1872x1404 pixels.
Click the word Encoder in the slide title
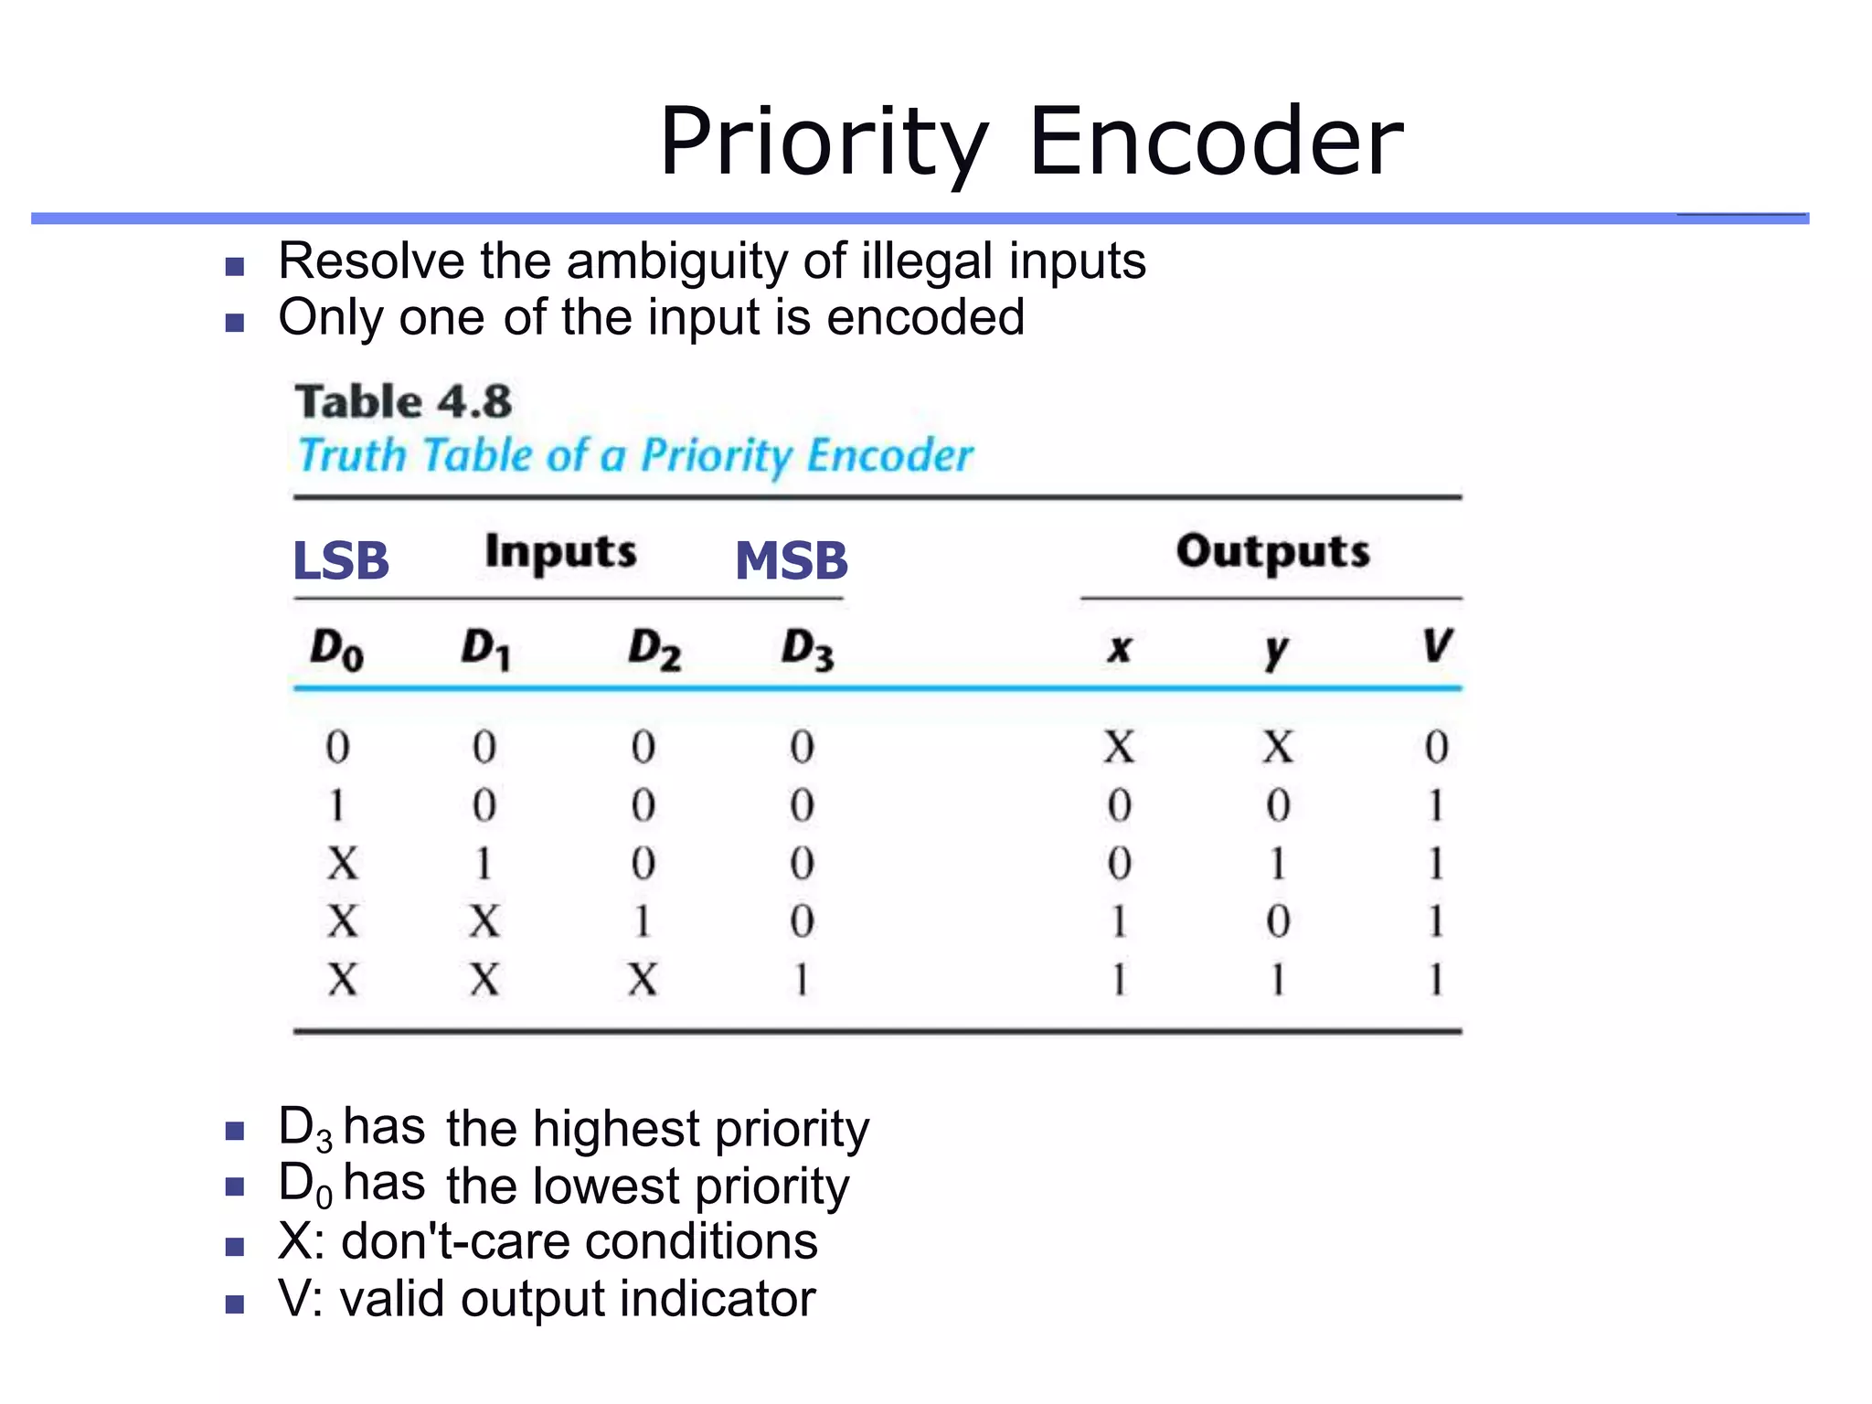pyautogui.click(x=1216, y=143)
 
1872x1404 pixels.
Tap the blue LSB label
pyautogui.click(x=341, y=560)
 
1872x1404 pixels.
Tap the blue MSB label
pyautogui.click(x=792, y=560)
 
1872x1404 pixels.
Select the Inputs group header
pyautogui.click(x=560, y=552)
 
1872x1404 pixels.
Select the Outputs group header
pyautogui.click(x=1272, y=552)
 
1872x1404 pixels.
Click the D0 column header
pyautogui.click(x=336, y=650)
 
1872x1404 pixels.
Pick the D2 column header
pyautogui.click(x=654, y=650)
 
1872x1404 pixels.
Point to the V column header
pyautogui.click(x=1436, y=646)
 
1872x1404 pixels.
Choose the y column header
pyautogui.click(x=1277, y=650)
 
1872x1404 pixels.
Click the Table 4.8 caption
pyautogui.click(x=403, y=402)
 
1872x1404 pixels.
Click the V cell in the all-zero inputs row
pyautogui.click(x=1436, y=747)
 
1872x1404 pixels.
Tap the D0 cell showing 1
pyautogui.click(x=336, y=805)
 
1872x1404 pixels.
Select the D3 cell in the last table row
pyautogui.click(x=802, y=980)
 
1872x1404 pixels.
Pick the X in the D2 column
pyautogui.click(x=643, y=980)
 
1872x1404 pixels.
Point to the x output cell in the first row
pyautogui.click(x=1119, y=747)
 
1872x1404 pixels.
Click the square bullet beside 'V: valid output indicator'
pyautogui.click(x=235, y=1303)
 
